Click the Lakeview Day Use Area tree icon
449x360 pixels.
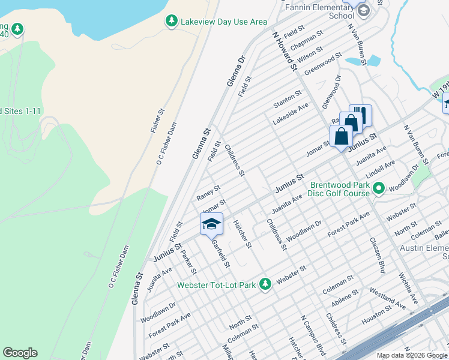pos(172,22)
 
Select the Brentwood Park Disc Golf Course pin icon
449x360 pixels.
pos(378,190)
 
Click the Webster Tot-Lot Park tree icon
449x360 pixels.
pos(265,284)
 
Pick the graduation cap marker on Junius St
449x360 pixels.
pos(211,224)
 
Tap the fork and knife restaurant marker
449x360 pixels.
pos(360,114)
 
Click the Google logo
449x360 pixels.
pos(20,353)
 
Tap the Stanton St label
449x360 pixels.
pos(288,97)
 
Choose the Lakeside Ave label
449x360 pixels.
pos(290,112)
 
